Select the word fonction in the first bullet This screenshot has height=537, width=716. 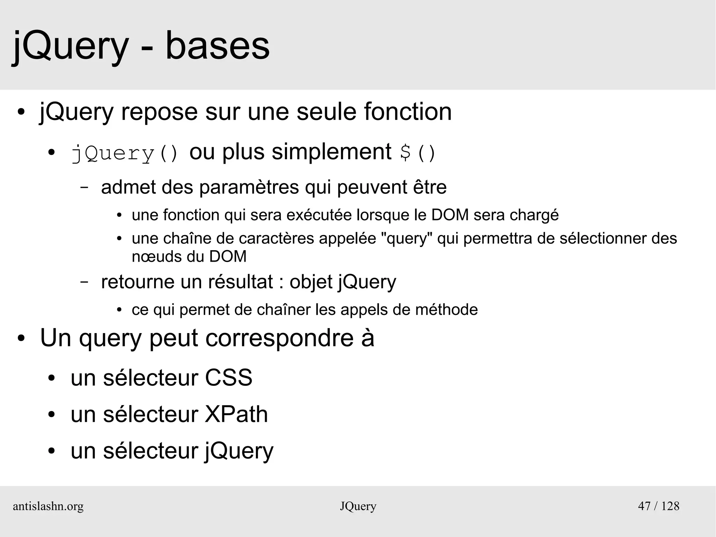click(408, 112)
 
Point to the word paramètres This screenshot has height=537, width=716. click(249, 187)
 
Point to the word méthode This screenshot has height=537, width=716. click(446, 310)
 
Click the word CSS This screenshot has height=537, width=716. click(228, 378)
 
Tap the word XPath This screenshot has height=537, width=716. click(236, 415)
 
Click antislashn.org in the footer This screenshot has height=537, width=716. click(48, 506)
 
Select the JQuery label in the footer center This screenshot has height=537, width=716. click(358, 506)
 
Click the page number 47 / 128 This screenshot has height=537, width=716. click(659, 506)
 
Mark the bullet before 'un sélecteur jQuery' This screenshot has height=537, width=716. click(52, 451)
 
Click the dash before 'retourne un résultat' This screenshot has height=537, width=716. click(84, 282)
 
